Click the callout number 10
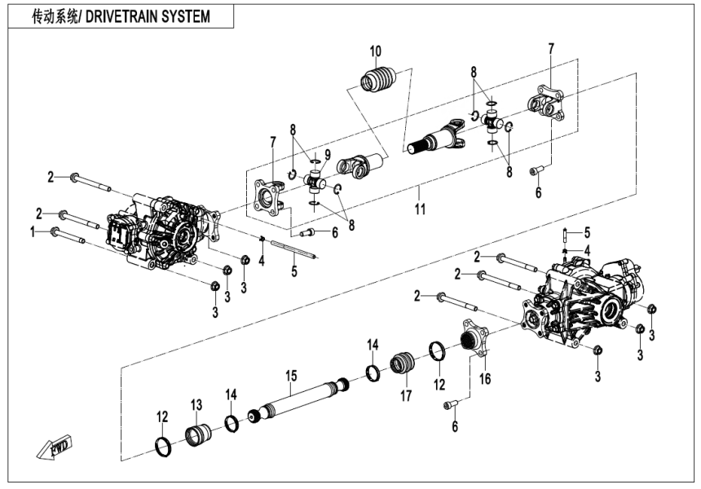374,52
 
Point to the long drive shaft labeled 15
298,404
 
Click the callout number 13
196,405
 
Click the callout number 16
486,380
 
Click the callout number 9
327,155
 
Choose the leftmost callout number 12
162,416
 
